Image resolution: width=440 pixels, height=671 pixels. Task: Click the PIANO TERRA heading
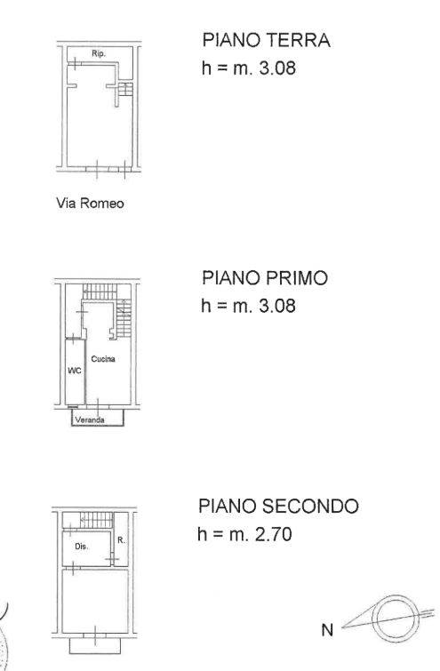[x=266, y=40]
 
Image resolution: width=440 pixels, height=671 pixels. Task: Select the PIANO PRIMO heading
[x=265, y=277]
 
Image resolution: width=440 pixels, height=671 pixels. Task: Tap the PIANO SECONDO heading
[x=278, y=506]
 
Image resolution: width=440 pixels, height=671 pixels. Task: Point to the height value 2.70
[x=274, y=534]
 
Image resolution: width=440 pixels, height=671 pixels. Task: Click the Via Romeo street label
[x=90, y=203]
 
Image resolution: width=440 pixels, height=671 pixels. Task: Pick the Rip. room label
[x=99, y=54]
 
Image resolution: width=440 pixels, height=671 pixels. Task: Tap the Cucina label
[x=103, y=359]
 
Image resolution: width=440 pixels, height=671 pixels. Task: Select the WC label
[x=75, y=371]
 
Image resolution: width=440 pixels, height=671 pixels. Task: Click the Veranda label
[x=90, y=419]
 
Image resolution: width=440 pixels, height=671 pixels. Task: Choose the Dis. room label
[x=81, y=547]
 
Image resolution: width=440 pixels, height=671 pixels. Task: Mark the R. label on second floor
[x=121, y=540]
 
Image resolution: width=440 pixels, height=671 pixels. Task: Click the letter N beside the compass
[x=327, y=630]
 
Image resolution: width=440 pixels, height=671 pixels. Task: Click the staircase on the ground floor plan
[x=125, y=90]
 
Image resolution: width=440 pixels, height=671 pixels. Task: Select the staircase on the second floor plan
[x=97, y=521]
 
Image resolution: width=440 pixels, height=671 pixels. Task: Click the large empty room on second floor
[x=95, y=601]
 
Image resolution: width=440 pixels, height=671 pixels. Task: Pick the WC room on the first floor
[x=75, y=371]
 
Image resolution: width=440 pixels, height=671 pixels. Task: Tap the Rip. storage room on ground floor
[x=100, y=54]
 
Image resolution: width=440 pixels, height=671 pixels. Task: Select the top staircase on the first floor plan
[x=100, y=292]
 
